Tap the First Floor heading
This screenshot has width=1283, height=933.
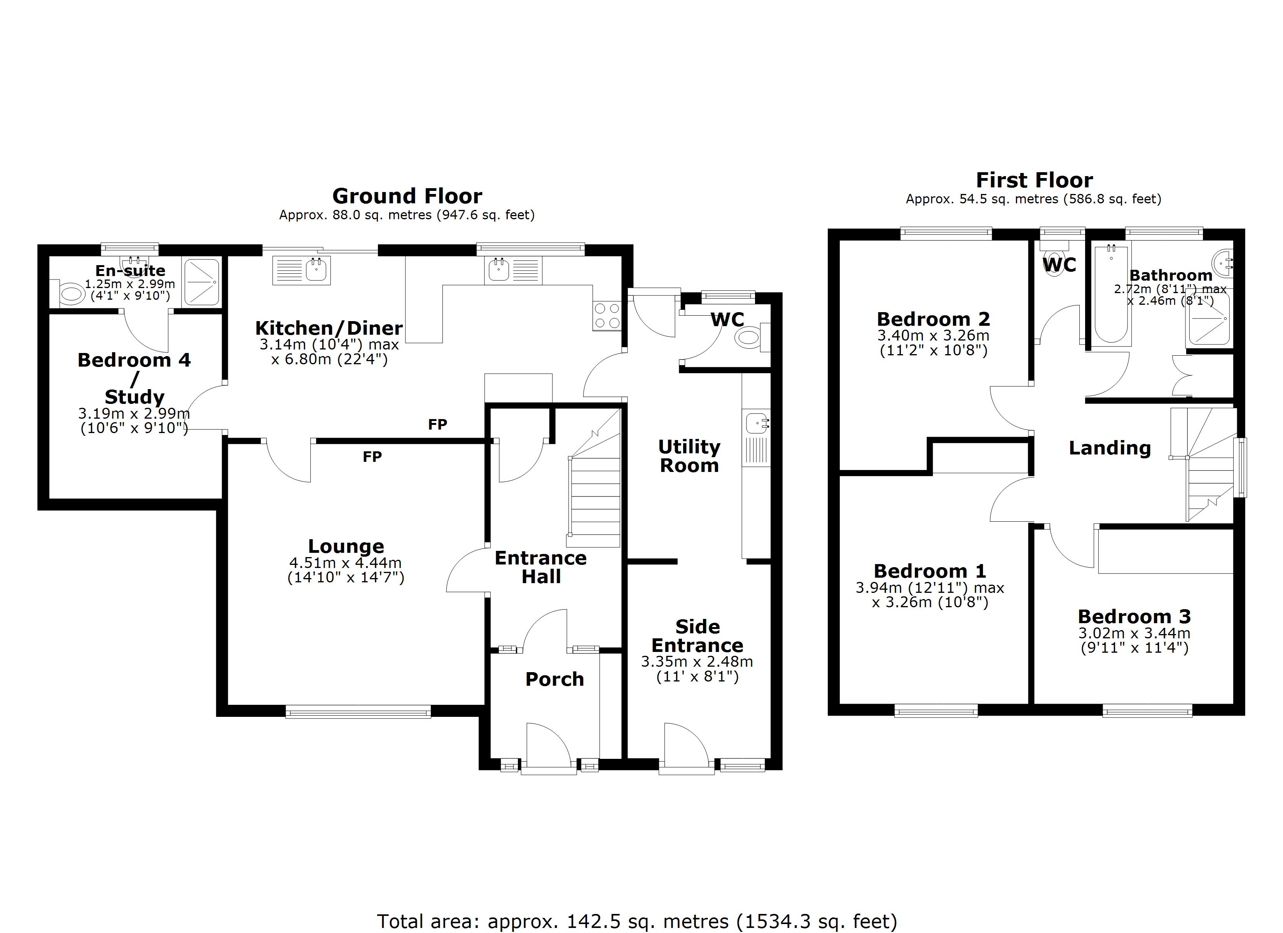click(1034, 180)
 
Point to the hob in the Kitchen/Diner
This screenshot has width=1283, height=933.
click(607, 316)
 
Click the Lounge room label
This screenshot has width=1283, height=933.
click(346, 546)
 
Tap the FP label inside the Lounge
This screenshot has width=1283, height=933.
click(372, 457)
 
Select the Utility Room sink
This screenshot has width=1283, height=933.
click(756, 423)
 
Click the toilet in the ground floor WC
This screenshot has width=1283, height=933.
click(750, 338)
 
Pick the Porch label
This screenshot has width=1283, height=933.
click(554, 679)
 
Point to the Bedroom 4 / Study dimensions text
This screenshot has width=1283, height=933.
click(134, 420)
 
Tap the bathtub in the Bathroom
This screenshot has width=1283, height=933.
click(1111, 294)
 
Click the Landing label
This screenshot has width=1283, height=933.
click(1109, 448)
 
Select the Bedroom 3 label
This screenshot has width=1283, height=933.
click(1134, 616)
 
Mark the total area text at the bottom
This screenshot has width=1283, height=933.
click(637, 921)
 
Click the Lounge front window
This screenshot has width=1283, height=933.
click(358, 712)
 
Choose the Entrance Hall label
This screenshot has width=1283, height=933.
click(541, 567)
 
